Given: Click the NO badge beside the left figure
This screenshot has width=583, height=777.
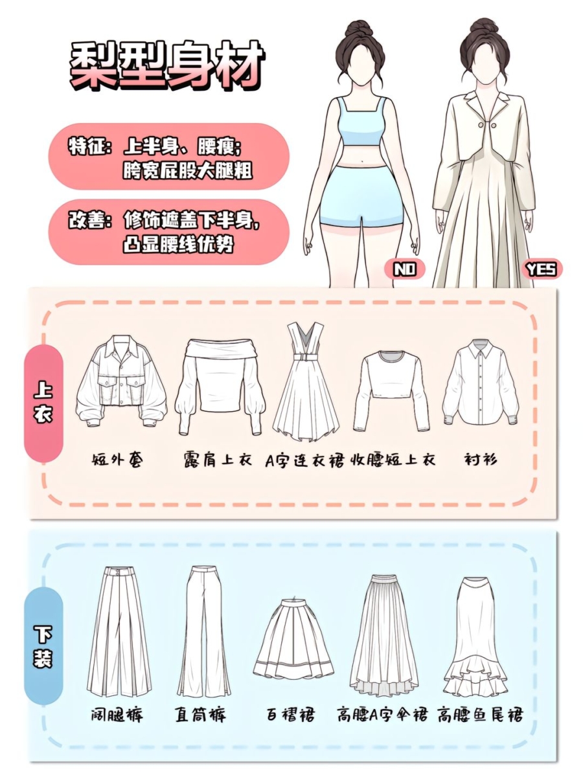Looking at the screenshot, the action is pyautogui.click(x=404, y=270).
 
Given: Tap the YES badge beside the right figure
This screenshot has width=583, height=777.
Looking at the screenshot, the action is pyautogui.click(x=542, y=270).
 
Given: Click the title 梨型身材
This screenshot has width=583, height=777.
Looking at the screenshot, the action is pyautogui.click(x=167, y=66).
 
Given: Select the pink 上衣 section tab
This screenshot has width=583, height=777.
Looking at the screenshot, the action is pyautogui.click(x=43, y=403).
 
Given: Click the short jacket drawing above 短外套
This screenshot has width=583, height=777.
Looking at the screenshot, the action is pyautogui.click(x=122, y=381).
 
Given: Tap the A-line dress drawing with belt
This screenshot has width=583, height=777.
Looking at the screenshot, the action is pyautogui.click(x=306, y=382).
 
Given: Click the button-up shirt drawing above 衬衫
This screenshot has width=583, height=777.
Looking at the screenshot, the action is pyautogui.click(x=481, y=382).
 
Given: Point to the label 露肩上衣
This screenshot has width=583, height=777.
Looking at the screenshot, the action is pyautogui.click(x=218, y=460).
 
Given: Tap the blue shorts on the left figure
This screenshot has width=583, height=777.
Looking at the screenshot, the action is pyautogui.click(x=361, y=196).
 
